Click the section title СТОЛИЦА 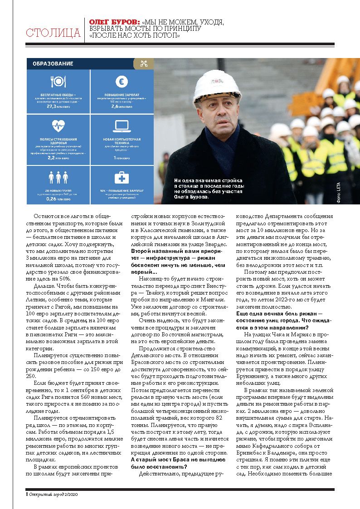[53, 33]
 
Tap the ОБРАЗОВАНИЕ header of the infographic [53, 64]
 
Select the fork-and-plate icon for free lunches [58, 82]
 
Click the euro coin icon [122, 82]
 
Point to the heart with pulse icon [58, 125]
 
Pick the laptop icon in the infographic [122, 126]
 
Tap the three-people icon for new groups [58, 177]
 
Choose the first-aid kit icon [122, 177]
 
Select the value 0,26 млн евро [58, 199]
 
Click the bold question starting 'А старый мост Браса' [171, 462]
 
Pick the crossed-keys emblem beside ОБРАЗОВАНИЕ [144, 64]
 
